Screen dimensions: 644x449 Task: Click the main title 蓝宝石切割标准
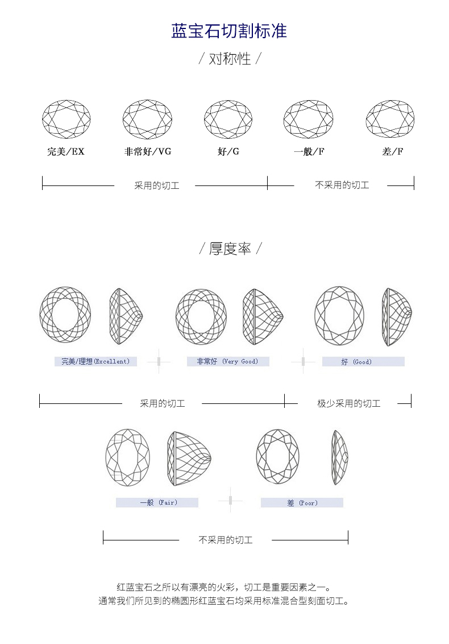coord(229,31)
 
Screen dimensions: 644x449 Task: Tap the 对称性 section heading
coord(230,59)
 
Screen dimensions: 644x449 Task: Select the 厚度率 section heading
coord(230,249)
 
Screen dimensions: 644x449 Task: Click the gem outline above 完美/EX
coord(66,119)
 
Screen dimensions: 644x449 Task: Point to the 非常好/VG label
coord(148,152)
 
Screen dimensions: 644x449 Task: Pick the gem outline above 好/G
coord(228,119)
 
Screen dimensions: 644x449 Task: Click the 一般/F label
coord(309,152)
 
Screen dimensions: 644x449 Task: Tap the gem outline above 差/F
coord(390,119)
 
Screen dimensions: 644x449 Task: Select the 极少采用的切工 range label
coord(348,403)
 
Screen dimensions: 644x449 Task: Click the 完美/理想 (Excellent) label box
coord(95,361)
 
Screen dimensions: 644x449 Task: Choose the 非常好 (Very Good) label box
coord(228,361)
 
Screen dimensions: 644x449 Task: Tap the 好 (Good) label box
coord(363,361)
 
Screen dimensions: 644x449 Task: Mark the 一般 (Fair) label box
coord(157,502)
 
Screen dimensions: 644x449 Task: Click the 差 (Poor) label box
coord(302,502)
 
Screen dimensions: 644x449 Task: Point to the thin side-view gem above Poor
coord(340,457)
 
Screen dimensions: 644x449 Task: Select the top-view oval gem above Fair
coord(128,457)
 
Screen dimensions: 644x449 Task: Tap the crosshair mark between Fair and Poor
coord(230,500)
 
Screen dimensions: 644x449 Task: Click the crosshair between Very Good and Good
coord(304,361)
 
